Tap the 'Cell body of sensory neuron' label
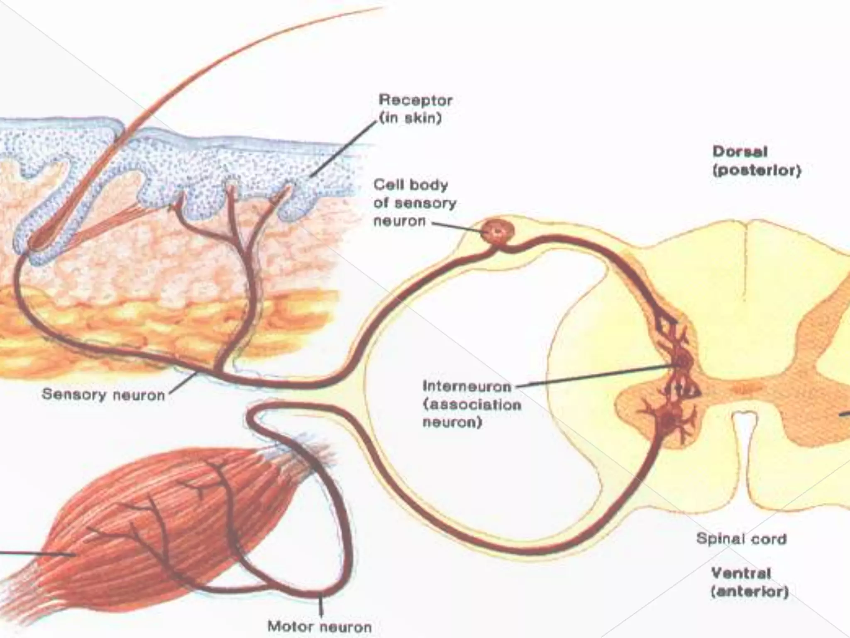coord(414,203)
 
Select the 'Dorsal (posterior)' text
coord(756,161)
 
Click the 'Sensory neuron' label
coord(103,394)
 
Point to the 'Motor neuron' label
coord(319,626)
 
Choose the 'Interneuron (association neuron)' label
coord(471,404)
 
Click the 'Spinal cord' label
coord(741,539)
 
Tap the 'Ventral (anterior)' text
coord(750,582)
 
